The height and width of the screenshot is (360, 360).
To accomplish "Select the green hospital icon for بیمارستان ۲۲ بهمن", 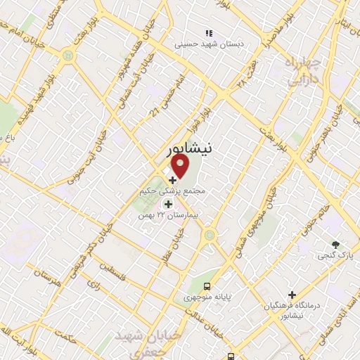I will (x=167, y=205).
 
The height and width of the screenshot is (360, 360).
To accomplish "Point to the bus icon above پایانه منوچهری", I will (x=207, y=286).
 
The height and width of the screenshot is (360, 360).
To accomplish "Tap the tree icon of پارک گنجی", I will (x=337, y=245).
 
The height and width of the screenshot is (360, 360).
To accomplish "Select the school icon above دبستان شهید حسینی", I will (x=208, y=33).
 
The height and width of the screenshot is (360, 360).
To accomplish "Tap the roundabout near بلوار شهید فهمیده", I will (x=67, y=54).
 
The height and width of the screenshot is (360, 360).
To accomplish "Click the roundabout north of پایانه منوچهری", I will (x=208, y=236).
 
